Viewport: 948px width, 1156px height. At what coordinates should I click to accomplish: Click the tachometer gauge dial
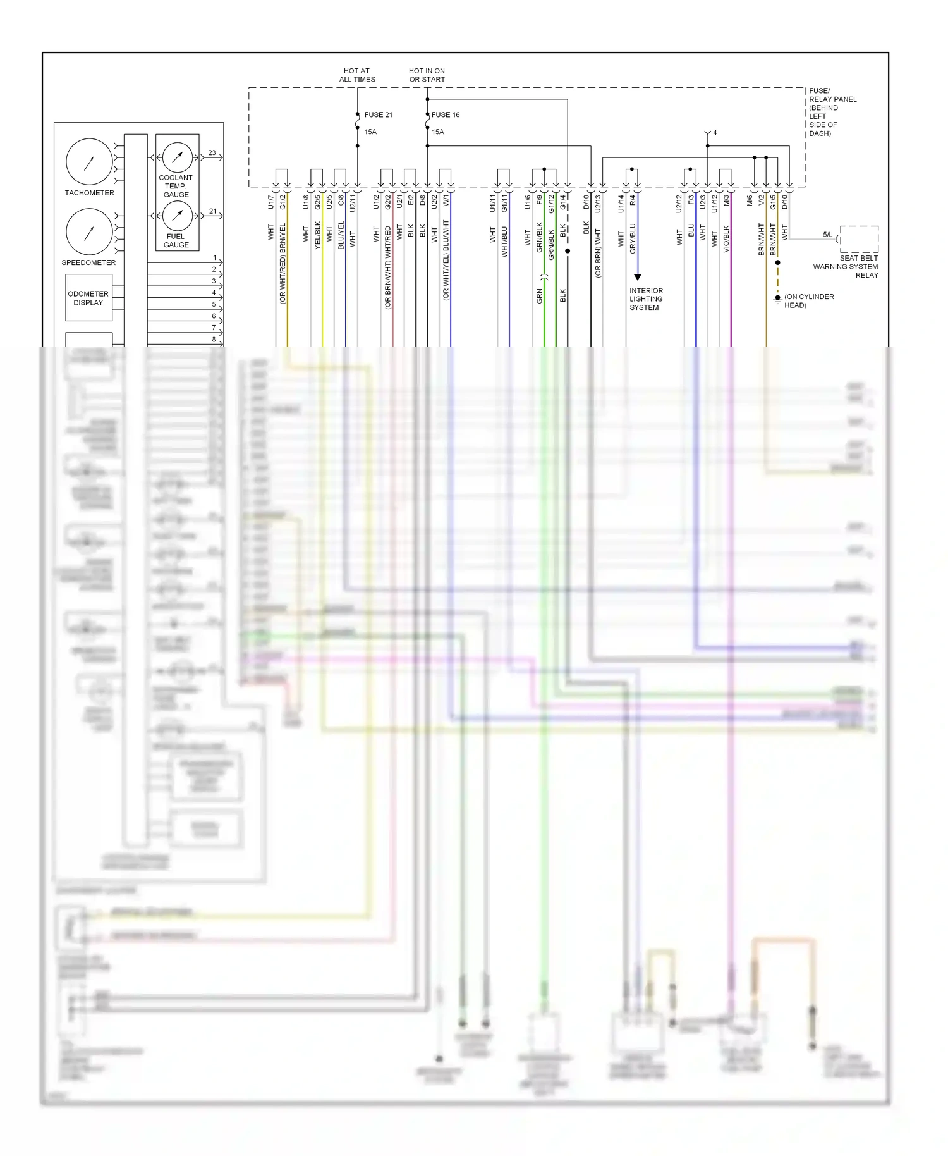pyautogui.click(x=89, y=162)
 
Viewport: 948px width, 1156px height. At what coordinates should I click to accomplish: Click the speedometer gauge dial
pyautogui.click(x=89, y=232)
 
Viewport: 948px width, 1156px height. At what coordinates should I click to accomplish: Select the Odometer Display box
pyautogui.click(x=88, y=298)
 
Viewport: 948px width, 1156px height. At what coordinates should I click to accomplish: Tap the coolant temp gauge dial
pyautogui.click(x=178, y=156)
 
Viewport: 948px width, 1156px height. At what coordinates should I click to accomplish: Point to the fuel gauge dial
pyautogui.click(x=178, y=216)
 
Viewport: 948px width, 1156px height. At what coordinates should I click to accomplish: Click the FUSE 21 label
pyautogui.click(x=378, y=114)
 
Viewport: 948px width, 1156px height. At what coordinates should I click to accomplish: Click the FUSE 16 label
pyautogui.click(x=446, y=114)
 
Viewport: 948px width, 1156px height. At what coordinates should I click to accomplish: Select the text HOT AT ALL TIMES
pyautogui.click(x=357, y=75)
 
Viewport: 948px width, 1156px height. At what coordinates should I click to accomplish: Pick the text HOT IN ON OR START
pyautogui.click(x=427, y=75)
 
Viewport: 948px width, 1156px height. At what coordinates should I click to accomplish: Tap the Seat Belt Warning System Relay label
pyautogui.click(x=846, y=266)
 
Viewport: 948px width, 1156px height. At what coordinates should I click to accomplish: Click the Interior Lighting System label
pyautogui.click(x=645, y=299)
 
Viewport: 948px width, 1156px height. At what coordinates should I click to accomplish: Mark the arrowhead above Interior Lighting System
pyautogui.click(x=638, y=277)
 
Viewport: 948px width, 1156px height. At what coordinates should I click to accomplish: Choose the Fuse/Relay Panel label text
pyautogui.click(x=832, y=112)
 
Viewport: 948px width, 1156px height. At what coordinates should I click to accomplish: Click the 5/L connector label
pyautogui.click(x=827, y=235)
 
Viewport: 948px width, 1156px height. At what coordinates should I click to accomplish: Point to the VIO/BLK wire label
pyautogui.click(x=726, y=239)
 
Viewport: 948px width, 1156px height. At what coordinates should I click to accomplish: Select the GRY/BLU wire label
pyautogui.click(x=633, y=239)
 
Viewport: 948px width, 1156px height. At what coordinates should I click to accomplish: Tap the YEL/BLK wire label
pyautogui.click(x=318, y=235)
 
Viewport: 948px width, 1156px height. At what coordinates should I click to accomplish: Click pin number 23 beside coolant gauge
pyautogui.click(x=212, y=153)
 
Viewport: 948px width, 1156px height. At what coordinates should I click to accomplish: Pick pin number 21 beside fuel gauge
pyautogui.click(x=212, y=211)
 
